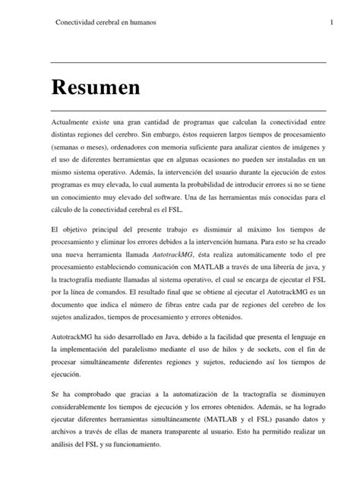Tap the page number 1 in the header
(332, 22)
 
